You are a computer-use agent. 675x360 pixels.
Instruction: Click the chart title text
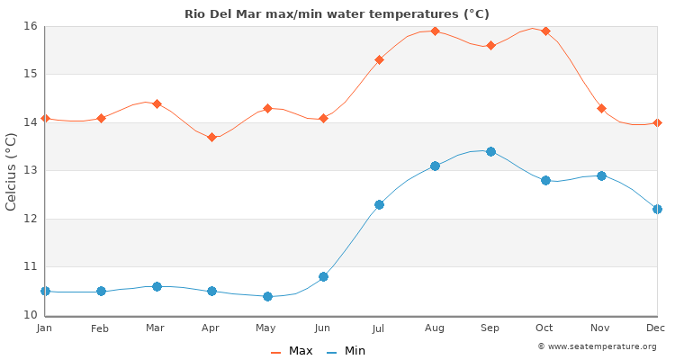pos(337,13)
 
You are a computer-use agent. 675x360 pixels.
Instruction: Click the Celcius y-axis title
pos(12,171)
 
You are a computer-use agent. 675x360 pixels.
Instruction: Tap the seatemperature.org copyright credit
pos(597,346)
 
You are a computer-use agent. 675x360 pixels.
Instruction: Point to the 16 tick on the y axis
pos(30,26)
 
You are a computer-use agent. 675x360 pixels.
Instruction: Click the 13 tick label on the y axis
pos(30,170)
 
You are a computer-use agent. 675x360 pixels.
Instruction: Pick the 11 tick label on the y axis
pos(30,266)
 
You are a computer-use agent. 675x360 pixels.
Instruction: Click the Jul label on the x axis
pos(379,328)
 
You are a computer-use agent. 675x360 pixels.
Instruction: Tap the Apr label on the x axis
pos(211,328)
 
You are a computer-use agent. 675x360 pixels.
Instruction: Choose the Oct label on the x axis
pos(545,328)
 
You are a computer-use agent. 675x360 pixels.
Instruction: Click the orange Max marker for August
pos(435,31)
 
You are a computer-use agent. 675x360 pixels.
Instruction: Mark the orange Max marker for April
pos(211,137)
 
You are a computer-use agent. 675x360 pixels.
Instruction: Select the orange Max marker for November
pos(601,108)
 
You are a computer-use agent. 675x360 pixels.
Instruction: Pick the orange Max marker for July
pos(379,59)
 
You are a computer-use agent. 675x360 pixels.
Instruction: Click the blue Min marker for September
pos(490,151)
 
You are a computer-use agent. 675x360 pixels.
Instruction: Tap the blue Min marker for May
pos(267,296)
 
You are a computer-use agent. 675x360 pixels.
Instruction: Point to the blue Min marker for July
pos(379,204)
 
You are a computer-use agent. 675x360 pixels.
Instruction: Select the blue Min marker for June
pos(323,276)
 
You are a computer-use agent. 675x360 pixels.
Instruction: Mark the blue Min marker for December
pos(657,209)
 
